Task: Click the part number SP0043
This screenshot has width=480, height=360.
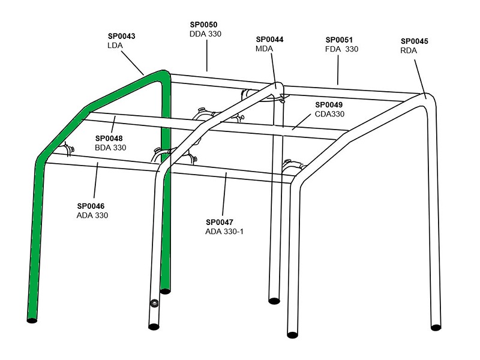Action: coord(122,36)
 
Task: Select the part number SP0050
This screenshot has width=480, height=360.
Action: coord(203,25)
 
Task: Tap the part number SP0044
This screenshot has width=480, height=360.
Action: coord(269,40)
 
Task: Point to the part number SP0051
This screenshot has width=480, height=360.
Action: coord(339,40)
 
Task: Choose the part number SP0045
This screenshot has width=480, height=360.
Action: coord(415,41)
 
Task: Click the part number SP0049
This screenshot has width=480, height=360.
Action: coord(329,104)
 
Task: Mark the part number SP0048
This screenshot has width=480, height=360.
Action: coord(109,139)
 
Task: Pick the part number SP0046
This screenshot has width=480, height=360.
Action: coord(91,206)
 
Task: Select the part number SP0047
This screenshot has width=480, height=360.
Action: coord(220,222)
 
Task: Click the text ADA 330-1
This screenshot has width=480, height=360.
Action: coord(224,232)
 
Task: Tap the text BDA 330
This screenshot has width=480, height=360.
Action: coord(110,148)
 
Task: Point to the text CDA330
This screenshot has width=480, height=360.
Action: coord(329,114)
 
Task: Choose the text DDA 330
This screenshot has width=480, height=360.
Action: coord(205,34)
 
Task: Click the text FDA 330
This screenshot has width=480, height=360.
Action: coord(341,49)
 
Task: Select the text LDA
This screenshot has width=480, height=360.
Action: coord(115,46)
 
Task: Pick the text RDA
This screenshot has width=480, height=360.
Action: coord(409,51)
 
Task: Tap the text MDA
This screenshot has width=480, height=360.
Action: coord(264,49)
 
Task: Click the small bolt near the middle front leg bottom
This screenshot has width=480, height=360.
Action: coord(154,303)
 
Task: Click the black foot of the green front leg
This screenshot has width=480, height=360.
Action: coord(32,320)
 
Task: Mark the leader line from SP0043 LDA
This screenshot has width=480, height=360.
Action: coord(133,63)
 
